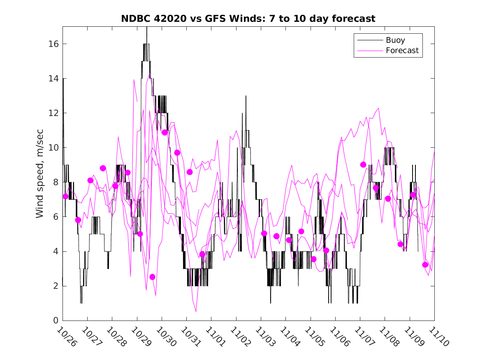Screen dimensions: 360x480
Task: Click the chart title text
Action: pos(248,19)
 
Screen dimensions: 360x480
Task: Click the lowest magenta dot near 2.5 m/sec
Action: pos(152,277)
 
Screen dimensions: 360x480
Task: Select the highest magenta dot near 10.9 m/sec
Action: pos(165,132)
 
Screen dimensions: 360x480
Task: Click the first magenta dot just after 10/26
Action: pos(65,196)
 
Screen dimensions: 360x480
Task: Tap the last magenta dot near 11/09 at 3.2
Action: pos(425,265)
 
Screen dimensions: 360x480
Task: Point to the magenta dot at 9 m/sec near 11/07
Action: pos(363,165)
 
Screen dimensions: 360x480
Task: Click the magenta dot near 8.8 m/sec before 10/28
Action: pos(103,168)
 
